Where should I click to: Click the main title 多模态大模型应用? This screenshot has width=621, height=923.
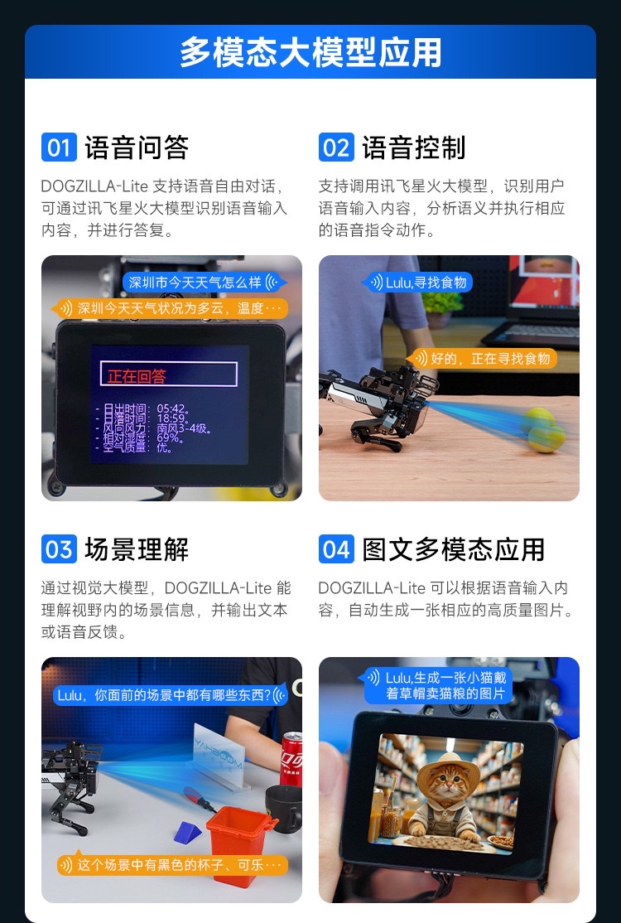(x=310, y=52)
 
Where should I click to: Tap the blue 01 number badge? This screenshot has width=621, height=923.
(x=59, y=147)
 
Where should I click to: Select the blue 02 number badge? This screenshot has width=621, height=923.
(x=336, y=147)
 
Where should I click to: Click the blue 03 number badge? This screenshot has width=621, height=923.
(x=59, y=549)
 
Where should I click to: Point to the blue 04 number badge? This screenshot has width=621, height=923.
(x=336, y=549)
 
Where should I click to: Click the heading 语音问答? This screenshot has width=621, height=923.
(x=137, y=147)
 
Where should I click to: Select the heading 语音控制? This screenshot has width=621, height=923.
(x=414, y=147)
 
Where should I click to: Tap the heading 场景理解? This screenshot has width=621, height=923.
(x=137, y=549)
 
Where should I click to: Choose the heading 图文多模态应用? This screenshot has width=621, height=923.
(x=454, y=549)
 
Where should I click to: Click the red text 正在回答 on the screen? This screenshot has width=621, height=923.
(x=137, y=376)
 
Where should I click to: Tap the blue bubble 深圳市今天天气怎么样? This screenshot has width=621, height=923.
(x=203, y=282)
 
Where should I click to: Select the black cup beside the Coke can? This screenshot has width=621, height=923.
(x=283, y=808)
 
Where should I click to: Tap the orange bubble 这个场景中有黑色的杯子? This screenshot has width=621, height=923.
(x=172, y=865)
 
